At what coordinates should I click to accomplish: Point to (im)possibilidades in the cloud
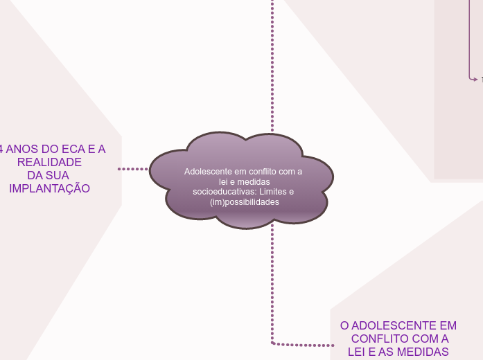click(244, 202)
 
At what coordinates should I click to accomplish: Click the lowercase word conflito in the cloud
click(260, 171)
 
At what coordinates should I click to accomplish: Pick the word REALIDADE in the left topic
click(49, 162)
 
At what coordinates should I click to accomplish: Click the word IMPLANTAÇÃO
click(49, 188)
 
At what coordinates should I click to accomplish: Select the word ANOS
click(22, 149)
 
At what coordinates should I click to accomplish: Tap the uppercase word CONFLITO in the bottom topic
click(385, 339)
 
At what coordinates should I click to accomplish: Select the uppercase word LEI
click(358, 352)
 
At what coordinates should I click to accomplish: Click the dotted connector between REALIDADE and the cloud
click(133, 168)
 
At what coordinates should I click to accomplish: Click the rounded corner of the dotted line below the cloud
click(274, 342)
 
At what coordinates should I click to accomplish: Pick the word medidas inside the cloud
click(256, 181)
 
